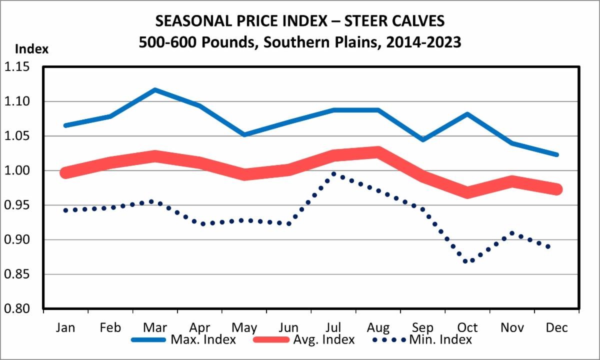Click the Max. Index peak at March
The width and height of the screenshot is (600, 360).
point(155,90)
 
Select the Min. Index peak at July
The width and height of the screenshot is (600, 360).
point(333,173)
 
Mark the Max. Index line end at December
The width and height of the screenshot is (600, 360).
point(556,155)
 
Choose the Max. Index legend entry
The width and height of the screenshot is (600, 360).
point(183,340)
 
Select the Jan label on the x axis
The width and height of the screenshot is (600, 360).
point(65,327)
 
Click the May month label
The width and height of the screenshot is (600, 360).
point(244,327)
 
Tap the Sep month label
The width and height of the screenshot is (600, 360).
point(423,327)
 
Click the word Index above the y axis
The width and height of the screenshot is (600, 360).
point(32,49)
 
